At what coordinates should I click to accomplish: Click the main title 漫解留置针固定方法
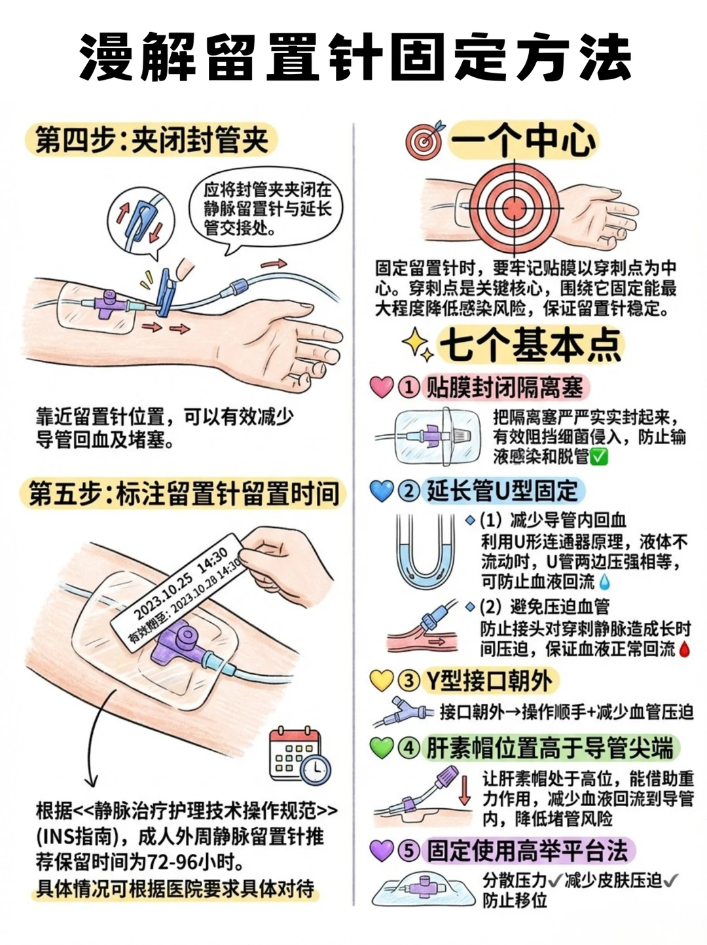tap(355, 57)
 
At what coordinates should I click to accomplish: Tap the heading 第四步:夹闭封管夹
tap(152, 140)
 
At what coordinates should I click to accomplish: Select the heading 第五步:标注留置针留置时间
tap(184, 493)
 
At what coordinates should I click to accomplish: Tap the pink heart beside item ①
tap(382, 386)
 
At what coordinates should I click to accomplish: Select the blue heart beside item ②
tap(382, 491)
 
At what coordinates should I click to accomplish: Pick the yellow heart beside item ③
tap(382, 680)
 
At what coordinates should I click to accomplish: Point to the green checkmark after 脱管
tap(599, 457)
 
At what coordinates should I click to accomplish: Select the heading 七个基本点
tap(530, 344)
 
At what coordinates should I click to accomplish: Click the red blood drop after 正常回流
tap(684, 650)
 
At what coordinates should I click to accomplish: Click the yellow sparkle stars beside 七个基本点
tap(418, 344)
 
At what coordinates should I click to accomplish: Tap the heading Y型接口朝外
tap(489, 681)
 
